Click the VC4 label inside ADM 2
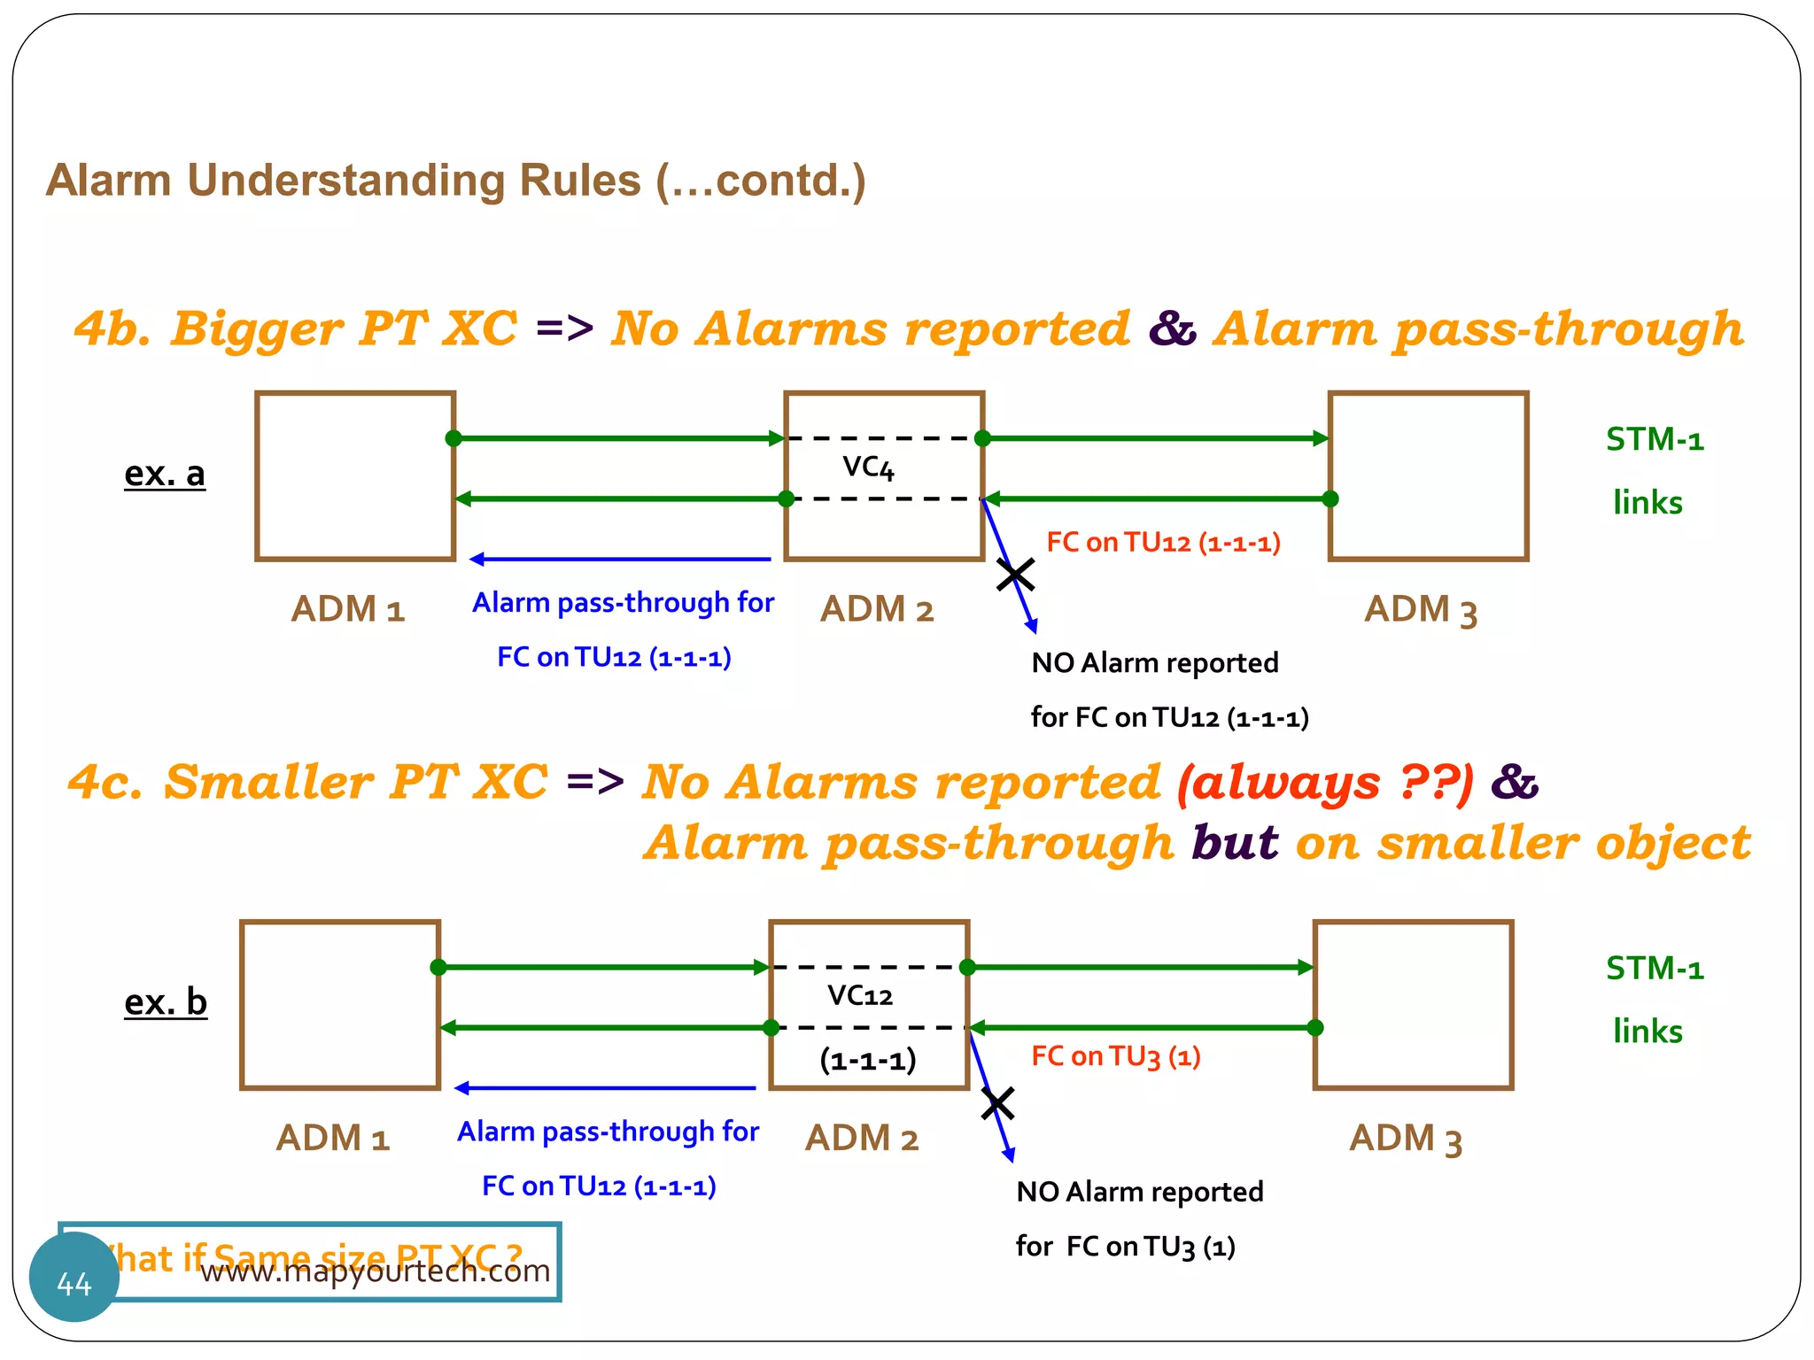coord(868,467)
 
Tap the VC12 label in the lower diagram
coord(860,996)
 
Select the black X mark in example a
coord(1015,575)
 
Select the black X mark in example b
coord(998,1103)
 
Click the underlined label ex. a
coord(165,474)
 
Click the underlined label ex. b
coord(166,1002)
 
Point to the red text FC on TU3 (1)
coord(1116,1056)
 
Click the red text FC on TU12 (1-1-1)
coord(1163,542)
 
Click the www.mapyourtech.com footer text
coord(376,1271)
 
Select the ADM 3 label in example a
coord(1421,610)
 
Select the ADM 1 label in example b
coord(333,1139)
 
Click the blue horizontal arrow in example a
coord(620,559)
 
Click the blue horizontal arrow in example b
coord(605,1088)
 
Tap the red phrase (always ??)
coord(1325,783)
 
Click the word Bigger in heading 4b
coord(257,328)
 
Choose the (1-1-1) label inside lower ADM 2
coord(867,1060)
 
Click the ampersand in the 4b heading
coord(1172,328)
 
